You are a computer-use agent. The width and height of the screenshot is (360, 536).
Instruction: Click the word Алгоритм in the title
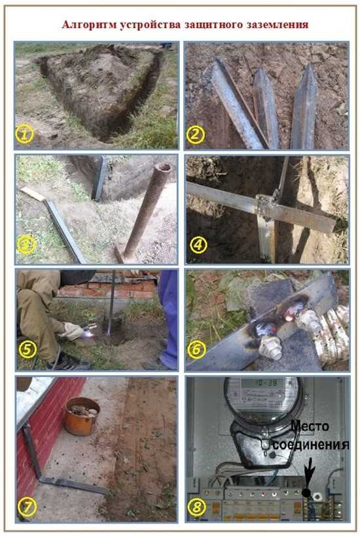[x=90, y=25]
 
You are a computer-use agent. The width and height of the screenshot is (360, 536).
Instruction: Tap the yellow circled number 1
[x=24, y=134]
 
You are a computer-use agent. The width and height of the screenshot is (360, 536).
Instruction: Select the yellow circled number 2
[x=196, y=134]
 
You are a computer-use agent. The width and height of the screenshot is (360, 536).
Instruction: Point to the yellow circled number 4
[x=198, y=245]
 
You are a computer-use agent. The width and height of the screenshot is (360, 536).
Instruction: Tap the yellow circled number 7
[x=27, y=507]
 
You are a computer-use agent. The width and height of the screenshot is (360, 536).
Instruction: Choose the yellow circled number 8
[x=196, y=507]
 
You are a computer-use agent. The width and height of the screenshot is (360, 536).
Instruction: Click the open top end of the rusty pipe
[x=164, y=168]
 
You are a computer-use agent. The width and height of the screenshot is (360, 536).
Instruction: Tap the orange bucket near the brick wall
[x=82, y=416]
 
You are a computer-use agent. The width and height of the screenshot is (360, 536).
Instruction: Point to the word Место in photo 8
[x=310, y=426]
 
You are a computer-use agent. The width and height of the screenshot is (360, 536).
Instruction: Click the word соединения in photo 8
[x=311, y=445]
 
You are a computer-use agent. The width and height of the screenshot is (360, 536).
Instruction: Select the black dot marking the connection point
[x=306, y=493]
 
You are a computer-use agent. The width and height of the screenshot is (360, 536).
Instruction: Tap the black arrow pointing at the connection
[x=310, y=471]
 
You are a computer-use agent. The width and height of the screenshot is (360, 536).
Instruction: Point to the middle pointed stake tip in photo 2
[x=261, y=73]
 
